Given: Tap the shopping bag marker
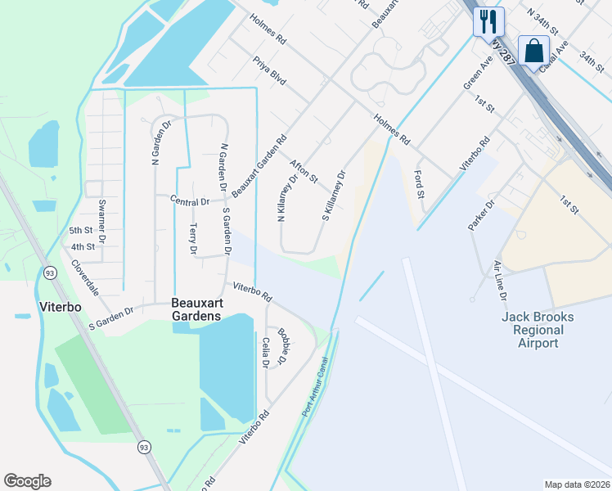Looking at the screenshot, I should coord(534,52).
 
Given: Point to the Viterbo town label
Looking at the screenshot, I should coord(61,307).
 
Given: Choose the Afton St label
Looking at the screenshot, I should coord(304,169).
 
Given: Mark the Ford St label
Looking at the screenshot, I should coord(420,184).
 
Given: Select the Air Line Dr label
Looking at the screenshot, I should coord(500,281).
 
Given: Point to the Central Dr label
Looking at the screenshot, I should coord(190,200).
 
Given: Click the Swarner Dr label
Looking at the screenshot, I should coord(101,214).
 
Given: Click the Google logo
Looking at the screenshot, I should coord(27,481).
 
